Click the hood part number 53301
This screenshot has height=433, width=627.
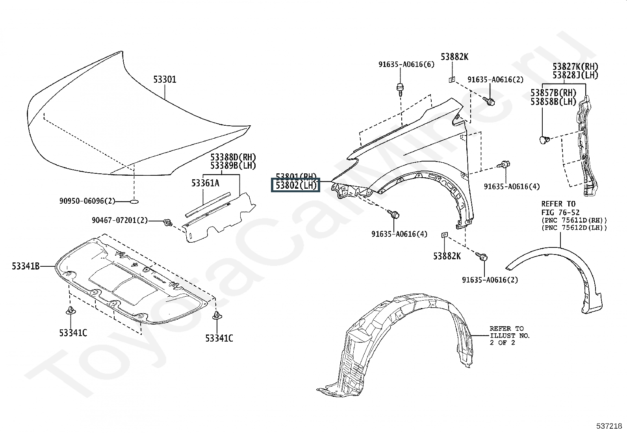click(165, 80)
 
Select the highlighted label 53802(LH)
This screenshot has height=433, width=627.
click(295, 185)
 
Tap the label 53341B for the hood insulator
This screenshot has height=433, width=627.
click(26, 266)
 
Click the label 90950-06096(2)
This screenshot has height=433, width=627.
click(87, 201)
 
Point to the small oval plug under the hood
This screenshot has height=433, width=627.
click(134, 202)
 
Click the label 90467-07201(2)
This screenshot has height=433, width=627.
click(120, 220)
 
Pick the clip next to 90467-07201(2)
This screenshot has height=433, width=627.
click(168, 223)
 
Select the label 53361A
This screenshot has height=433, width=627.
click(205, 183)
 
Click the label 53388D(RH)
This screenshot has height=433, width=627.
click(233, 158)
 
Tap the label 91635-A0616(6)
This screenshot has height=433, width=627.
click(406, 64)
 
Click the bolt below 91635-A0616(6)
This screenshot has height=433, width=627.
click(400, 89)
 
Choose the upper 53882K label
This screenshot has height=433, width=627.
click(454, 57)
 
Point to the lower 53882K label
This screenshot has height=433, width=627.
click(447, 256)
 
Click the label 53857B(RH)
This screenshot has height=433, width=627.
click(553, 93)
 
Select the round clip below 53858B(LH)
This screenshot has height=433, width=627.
click(544, 139)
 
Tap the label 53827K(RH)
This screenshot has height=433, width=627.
click(575, 67)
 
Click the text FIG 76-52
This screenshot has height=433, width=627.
click(560, 212)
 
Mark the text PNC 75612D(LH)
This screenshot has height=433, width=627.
click(574, 228)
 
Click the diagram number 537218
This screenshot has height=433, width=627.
click(609, 426)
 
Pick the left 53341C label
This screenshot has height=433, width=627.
click(73, 333)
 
